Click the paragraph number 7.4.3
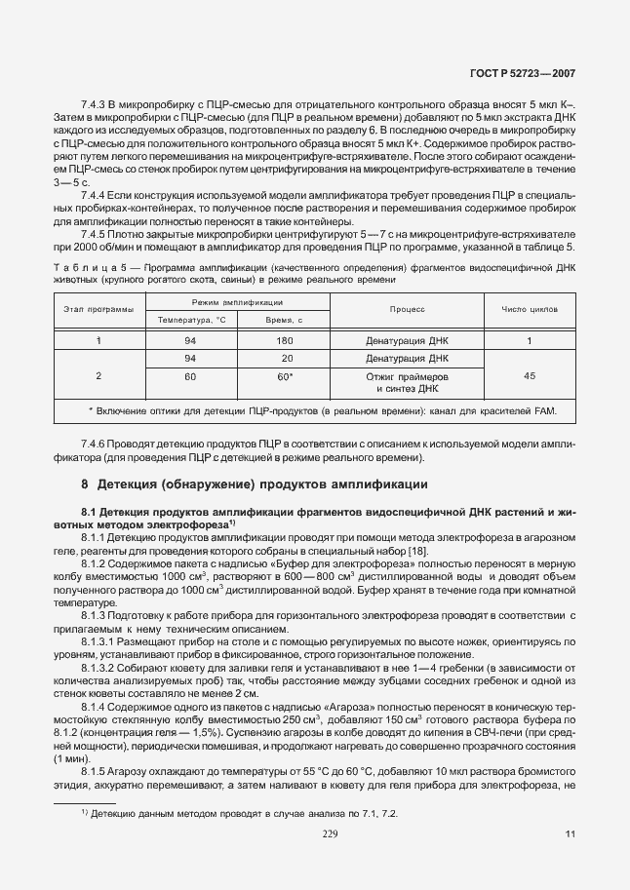pos(95,102)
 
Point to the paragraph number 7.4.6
pos(97,444)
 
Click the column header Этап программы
pos(98,309)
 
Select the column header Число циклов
pos(530,309)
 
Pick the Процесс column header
pos(407,309)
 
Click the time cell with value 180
pos(285,341)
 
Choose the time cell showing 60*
pos(285,376)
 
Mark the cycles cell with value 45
pos(529,376)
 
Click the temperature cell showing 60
pos(190,376)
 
